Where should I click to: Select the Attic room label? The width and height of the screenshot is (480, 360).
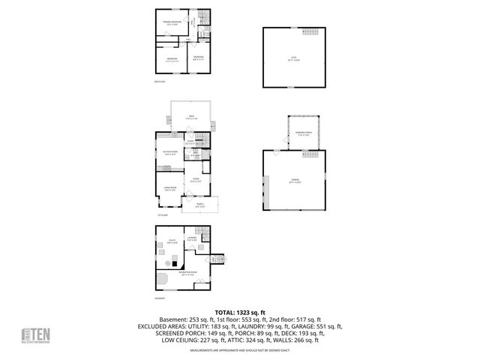(x=293, y=56)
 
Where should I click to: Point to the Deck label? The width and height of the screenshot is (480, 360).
(x=191, y=116)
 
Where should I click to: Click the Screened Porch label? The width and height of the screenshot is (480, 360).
(x=304, y=133)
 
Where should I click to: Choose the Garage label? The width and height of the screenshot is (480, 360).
(x=293, y=180)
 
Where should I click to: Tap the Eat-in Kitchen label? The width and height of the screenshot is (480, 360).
(x=169, y=153)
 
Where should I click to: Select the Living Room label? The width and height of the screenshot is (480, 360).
(x=169, y=188)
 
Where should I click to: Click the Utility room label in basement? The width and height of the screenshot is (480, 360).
(x=172, y=241)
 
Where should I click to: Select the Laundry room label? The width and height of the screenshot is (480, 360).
(x=192, y=239)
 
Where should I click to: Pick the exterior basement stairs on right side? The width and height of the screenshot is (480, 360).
(x=219, y=259)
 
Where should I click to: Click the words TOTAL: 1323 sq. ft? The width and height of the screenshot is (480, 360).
(x=240, y=312)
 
